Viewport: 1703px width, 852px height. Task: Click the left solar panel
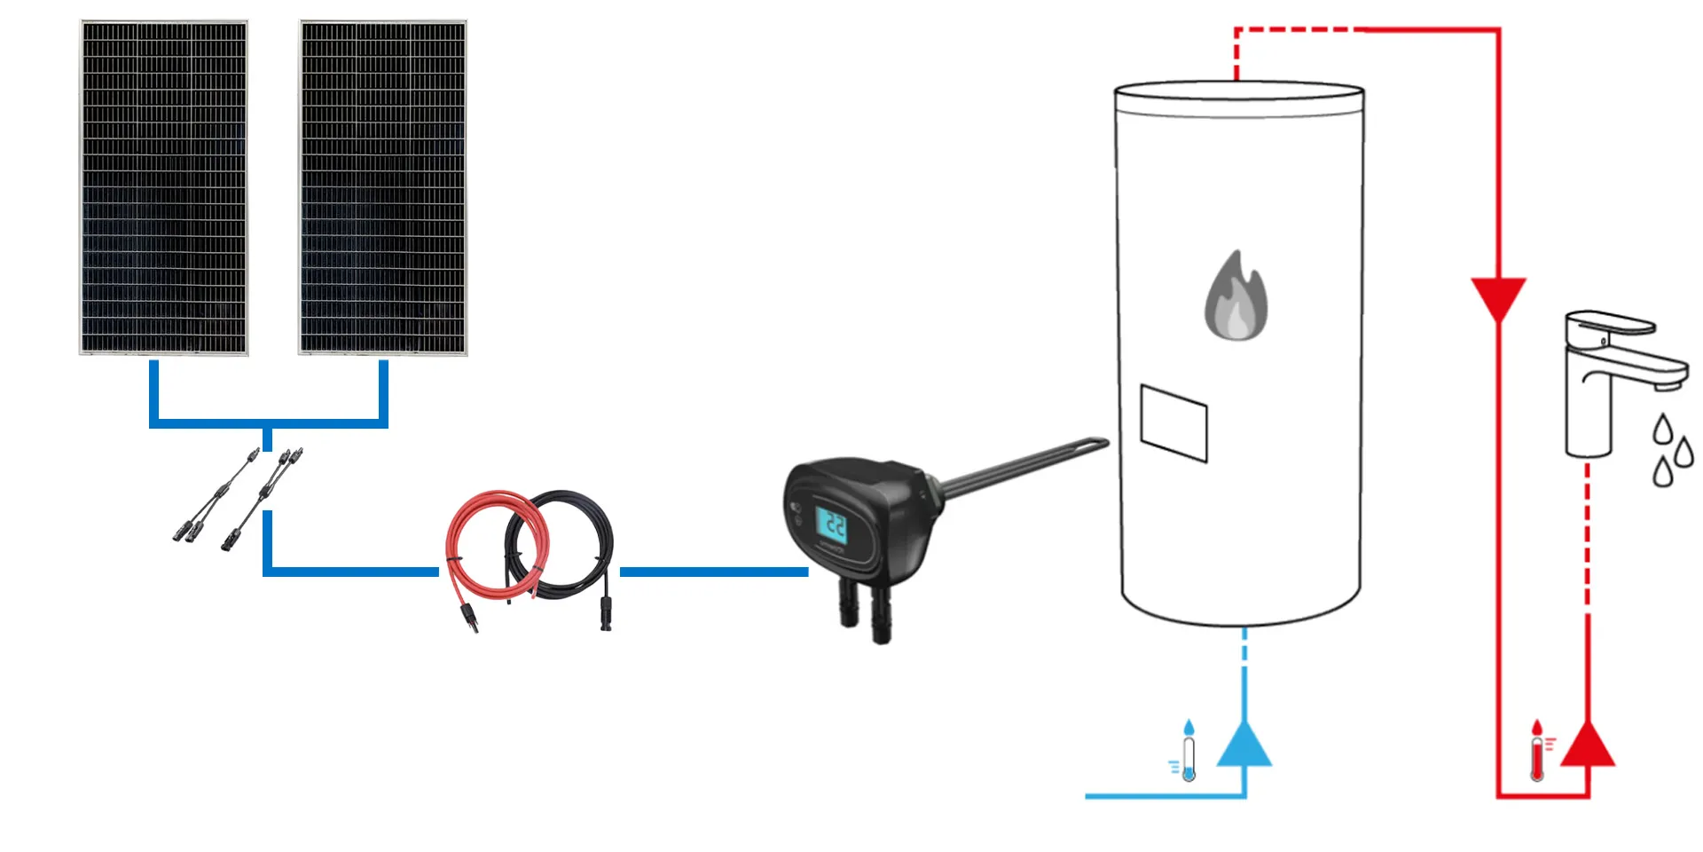pos(164,188)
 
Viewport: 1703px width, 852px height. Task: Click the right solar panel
pos(383,188)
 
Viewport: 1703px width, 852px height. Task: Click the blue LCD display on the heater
pos(831,525)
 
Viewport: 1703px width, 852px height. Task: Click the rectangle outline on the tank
pos(1173,423)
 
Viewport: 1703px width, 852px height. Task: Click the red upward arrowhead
pos(1587,745)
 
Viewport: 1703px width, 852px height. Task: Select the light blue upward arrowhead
pos(1244,745)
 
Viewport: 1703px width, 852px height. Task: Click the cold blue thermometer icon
pos(1187,752)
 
